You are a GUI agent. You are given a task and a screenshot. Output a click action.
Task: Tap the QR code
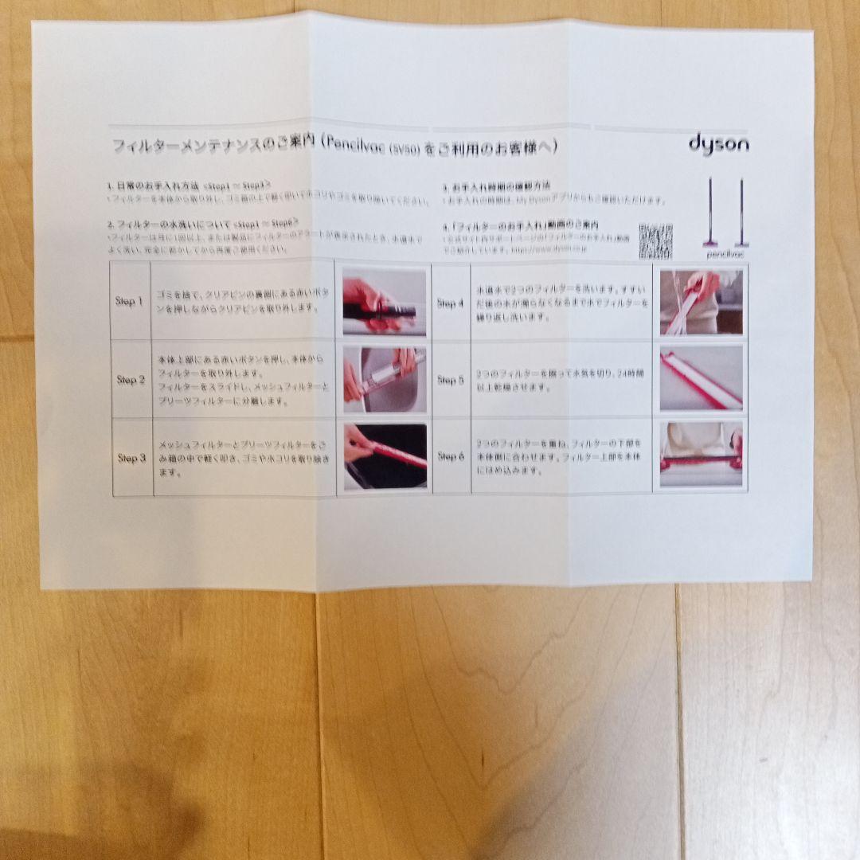(x=655, y=240)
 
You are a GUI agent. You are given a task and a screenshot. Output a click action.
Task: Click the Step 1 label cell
(x=130, y=302)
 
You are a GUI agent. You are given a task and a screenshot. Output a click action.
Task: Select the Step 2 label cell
(x=131, y=380)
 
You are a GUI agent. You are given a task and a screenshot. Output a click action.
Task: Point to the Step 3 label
(x=132, y=458)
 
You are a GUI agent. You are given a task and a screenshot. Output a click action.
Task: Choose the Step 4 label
(x=450, y=303)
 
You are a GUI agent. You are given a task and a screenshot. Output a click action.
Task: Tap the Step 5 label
(x=450, y=381)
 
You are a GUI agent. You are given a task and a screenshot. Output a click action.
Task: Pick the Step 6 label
(x=450, y=456)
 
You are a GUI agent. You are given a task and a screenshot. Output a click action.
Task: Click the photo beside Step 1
(x=384, y=303)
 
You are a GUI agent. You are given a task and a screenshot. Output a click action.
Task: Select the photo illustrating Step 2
(x=384, y=380)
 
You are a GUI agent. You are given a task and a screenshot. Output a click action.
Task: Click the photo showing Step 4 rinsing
(x=701, y=303)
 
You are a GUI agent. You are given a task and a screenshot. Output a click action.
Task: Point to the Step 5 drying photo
(x=701, y=378)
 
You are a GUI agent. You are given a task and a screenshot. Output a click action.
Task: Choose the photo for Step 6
(x=701, y=455)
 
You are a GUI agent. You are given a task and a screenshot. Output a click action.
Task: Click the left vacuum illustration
(x=709, y=211)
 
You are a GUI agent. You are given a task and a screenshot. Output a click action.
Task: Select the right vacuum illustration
(x=740, y=211)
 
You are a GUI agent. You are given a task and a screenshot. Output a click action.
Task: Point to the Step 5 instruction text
(x=561, y=380)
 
